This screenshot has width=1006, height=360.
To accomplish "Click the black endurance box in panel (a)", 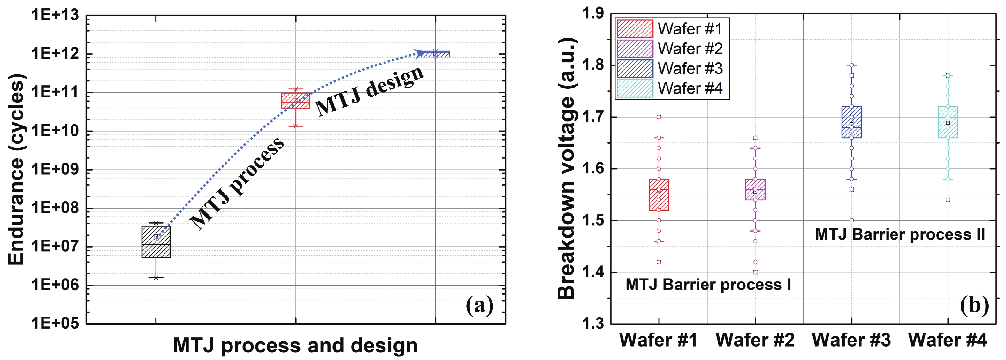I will click(x=156, y=242).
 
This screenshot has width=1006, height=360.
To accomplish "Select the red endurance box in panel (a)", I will click(x=296, y=100).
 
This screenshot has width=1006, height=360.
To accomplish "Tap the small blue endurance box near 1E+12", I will click(x=435, y=54).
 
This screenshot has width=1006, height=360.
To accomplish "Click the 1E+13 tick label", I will click(x=55, y=15).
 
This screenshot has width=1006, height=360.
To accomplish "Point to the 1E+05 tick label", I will click(x=55, y=323).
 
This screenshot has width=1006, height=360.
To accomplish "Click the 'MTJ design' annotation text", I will click(x=369, y=91).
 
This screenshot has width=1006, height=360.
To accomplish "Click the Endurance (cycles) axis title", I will click(x=16, y=170).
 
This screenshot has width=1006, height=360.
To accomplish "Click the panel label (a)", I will click(x=480, y=305).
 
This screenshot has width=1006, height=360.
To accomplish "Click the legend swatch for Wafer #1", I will click(x=635, y=29).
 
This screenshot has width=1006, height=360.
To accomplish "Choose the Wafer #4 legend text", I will click(x=690, y=88).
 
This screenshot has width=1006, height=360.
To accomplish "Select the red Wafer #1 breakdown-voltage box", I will click(x=659, y=195).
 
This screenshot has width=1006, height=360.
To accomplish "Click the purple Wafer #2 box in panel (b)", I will click(x=755, y=189).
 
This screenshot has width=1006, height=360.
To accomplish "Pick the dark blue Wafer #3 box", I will click(x=851, y=122).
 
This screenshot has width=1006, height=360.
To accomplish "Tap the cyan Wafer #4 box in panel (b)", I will click(x=948, y=122).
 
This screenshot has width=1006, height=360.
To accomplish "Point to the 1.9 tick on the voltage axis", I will click(x=593, y=14).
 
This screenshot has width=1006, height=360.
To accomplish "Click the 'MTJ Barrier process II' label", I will click(x=900, y=234).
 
